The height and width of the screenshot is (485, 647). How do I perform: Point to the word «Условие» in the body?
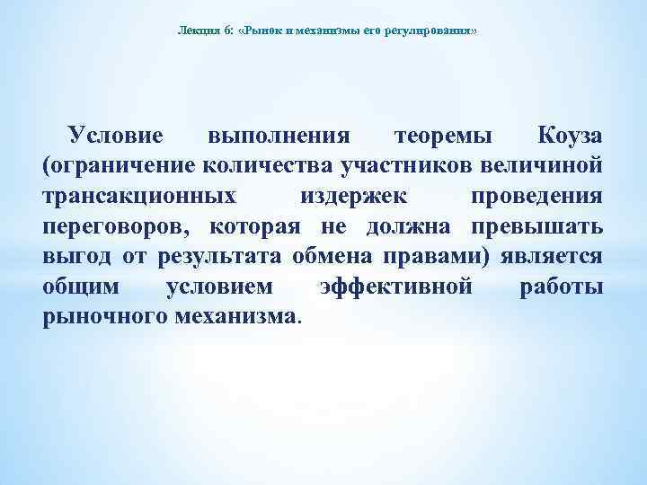coord(116,136)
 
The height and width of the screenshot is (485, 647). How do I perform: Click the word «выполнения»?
coord(278,136)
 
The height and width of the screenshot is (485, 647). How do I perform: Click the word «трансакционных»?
coord(140,197)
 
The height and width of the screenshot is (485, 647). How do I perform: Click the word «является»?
coord(554,258)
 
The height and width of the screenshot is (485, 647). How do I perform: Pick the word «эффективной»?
coord(395,288)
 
